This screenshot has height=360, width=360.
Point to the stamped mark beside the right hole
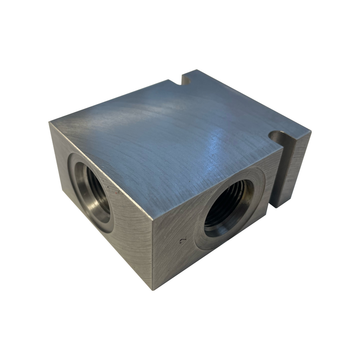(x=182, y=241)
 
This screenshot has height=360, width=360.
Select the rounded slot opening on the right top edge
(x=278, y=135)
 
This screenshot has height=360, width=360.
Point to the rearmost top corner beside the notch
(x=195, y=71)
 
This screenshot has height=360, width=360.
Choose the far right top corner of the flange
(x=311, y=130)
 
